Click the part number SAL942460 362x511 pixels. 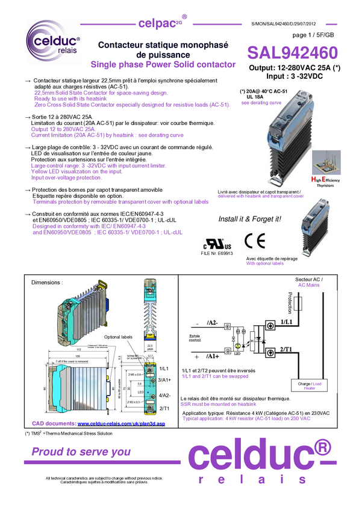click(x=293, y=54)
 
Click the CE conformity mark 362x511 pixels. click(x=255, y=241)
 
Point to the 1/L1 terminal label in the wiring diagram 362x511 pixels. click(x=287, y=323)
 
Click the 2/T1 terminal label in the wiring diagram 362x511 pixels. click(x=287, y=349)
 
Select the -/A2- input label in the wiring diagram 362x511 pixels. click(x=211, y=323)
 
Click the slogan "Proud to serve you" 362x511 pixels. click(x=81, y=451)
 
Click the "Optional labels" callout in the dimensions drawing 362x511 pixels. click(x=118, y=337)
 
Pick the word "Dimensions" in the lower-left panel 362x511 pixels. click(x=46, y=282)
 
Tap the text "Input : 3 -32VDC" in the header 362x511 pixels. click(x=292, y=76)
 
